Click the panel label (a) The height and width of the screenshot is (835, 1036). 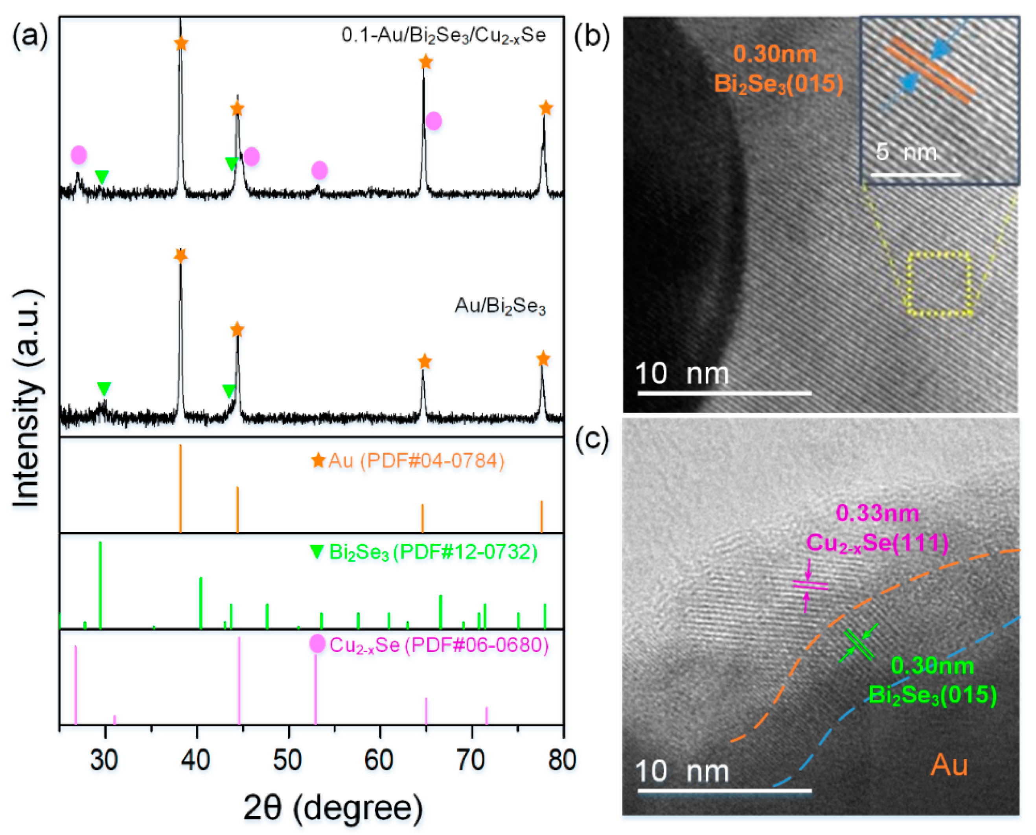pyautogui.click(x=30, y=36)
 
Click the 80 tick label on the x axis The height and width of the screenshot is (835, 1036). pyautogui.click(x=562, y=760)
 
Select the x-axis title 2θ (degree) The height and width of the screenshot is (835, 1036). pyautogui.click(x=333, y=807)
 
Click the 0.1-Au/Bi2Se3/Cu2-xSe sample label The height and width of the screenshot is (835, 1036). pyautogui.click(x=443, y=35)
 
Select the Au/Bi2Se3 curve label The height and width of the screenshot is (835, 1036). pyautogui.click(x=500, y=306)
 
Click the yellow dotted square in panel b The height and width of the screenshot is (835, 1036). pyautogui.click(x=939, y=284)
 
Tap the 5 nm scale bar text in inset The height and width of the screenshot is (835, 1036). pyautogui.click(x=906, y=153)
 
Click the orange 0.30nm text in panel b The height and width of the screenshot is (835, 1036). pyautogui.click(x=775, y=53)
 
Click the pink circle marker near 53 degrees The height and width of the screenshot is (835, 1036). pyautogui.click(x=320, y=170)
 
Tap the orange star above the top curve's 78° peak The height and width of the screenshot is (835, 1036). pyautogui.click(x=545, y=108)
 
